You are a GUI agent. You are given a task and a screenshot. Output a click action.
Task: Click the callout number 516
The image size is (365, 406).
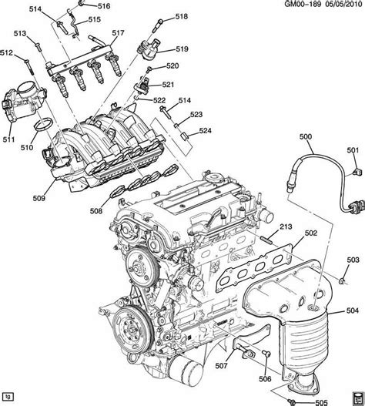pos(104,6)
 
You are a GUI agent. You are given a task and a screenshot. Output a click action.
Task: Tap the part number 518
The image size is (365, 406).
pos(181,16)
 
